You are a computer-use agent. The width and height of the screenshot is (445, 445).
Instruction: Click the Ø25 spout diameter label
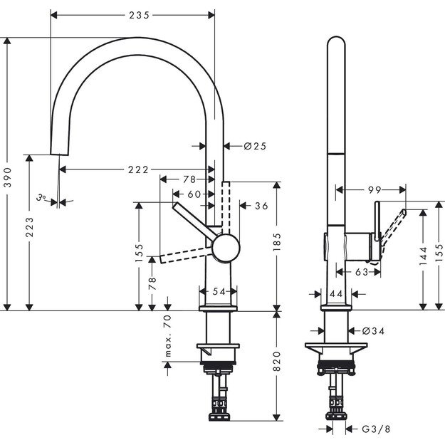click(254, 146)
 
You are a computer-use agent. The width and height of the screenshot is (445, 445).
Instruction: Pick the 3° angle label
click(43, 197)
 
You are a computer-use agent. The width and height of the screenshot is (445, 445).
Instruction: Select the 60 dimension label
click(194, 194)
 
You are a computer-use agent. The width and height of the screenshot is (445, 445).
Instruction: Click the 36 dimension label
click(261, 206)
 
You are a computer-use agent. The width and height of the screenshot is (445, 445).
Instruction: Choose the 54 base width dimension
click(219, 292)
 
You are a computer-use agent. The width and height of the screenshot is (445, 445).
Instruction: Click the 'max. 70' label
click(168, 335)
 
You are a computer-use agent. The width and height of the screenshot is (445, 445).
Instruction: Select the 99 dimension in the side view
click(375, 190)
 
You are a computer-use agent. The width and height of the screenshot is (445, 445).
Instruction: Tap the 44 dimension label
click(336, 293)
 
